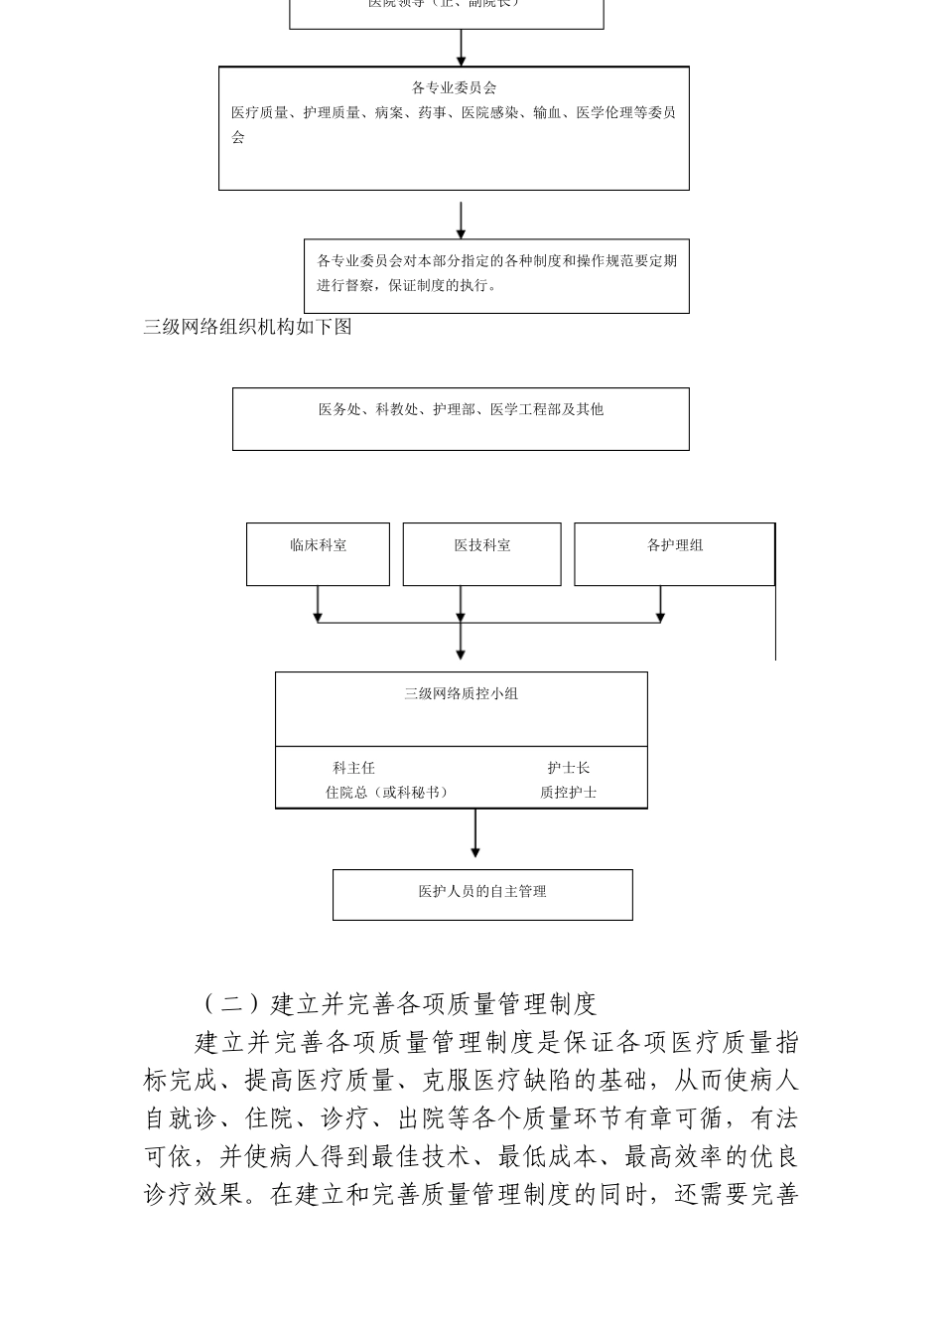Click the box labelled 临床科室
point(318,553)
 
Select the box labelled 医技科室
point(481,553)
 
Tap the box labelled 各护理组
point(674,553)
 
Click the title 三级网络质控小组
point(461,694)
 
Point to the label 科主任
point(353,768)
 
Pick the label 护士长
point(568,768)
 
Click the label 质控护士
point(568,793)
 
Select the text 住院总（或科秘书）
point(387,793)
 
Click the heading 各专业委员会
point(454,87)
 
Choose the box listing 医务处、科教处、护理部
point(461,418)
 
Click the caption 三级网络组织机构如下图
point(247,327)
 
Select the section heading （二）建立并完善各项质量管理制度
point(399,1004)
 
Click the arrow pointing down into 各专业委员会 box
point(461,48)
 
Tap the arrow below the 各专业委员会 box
point(461,221)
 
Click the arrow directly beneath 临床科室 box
point(318,604)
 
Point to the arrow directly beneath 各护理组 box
point(660,604)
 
